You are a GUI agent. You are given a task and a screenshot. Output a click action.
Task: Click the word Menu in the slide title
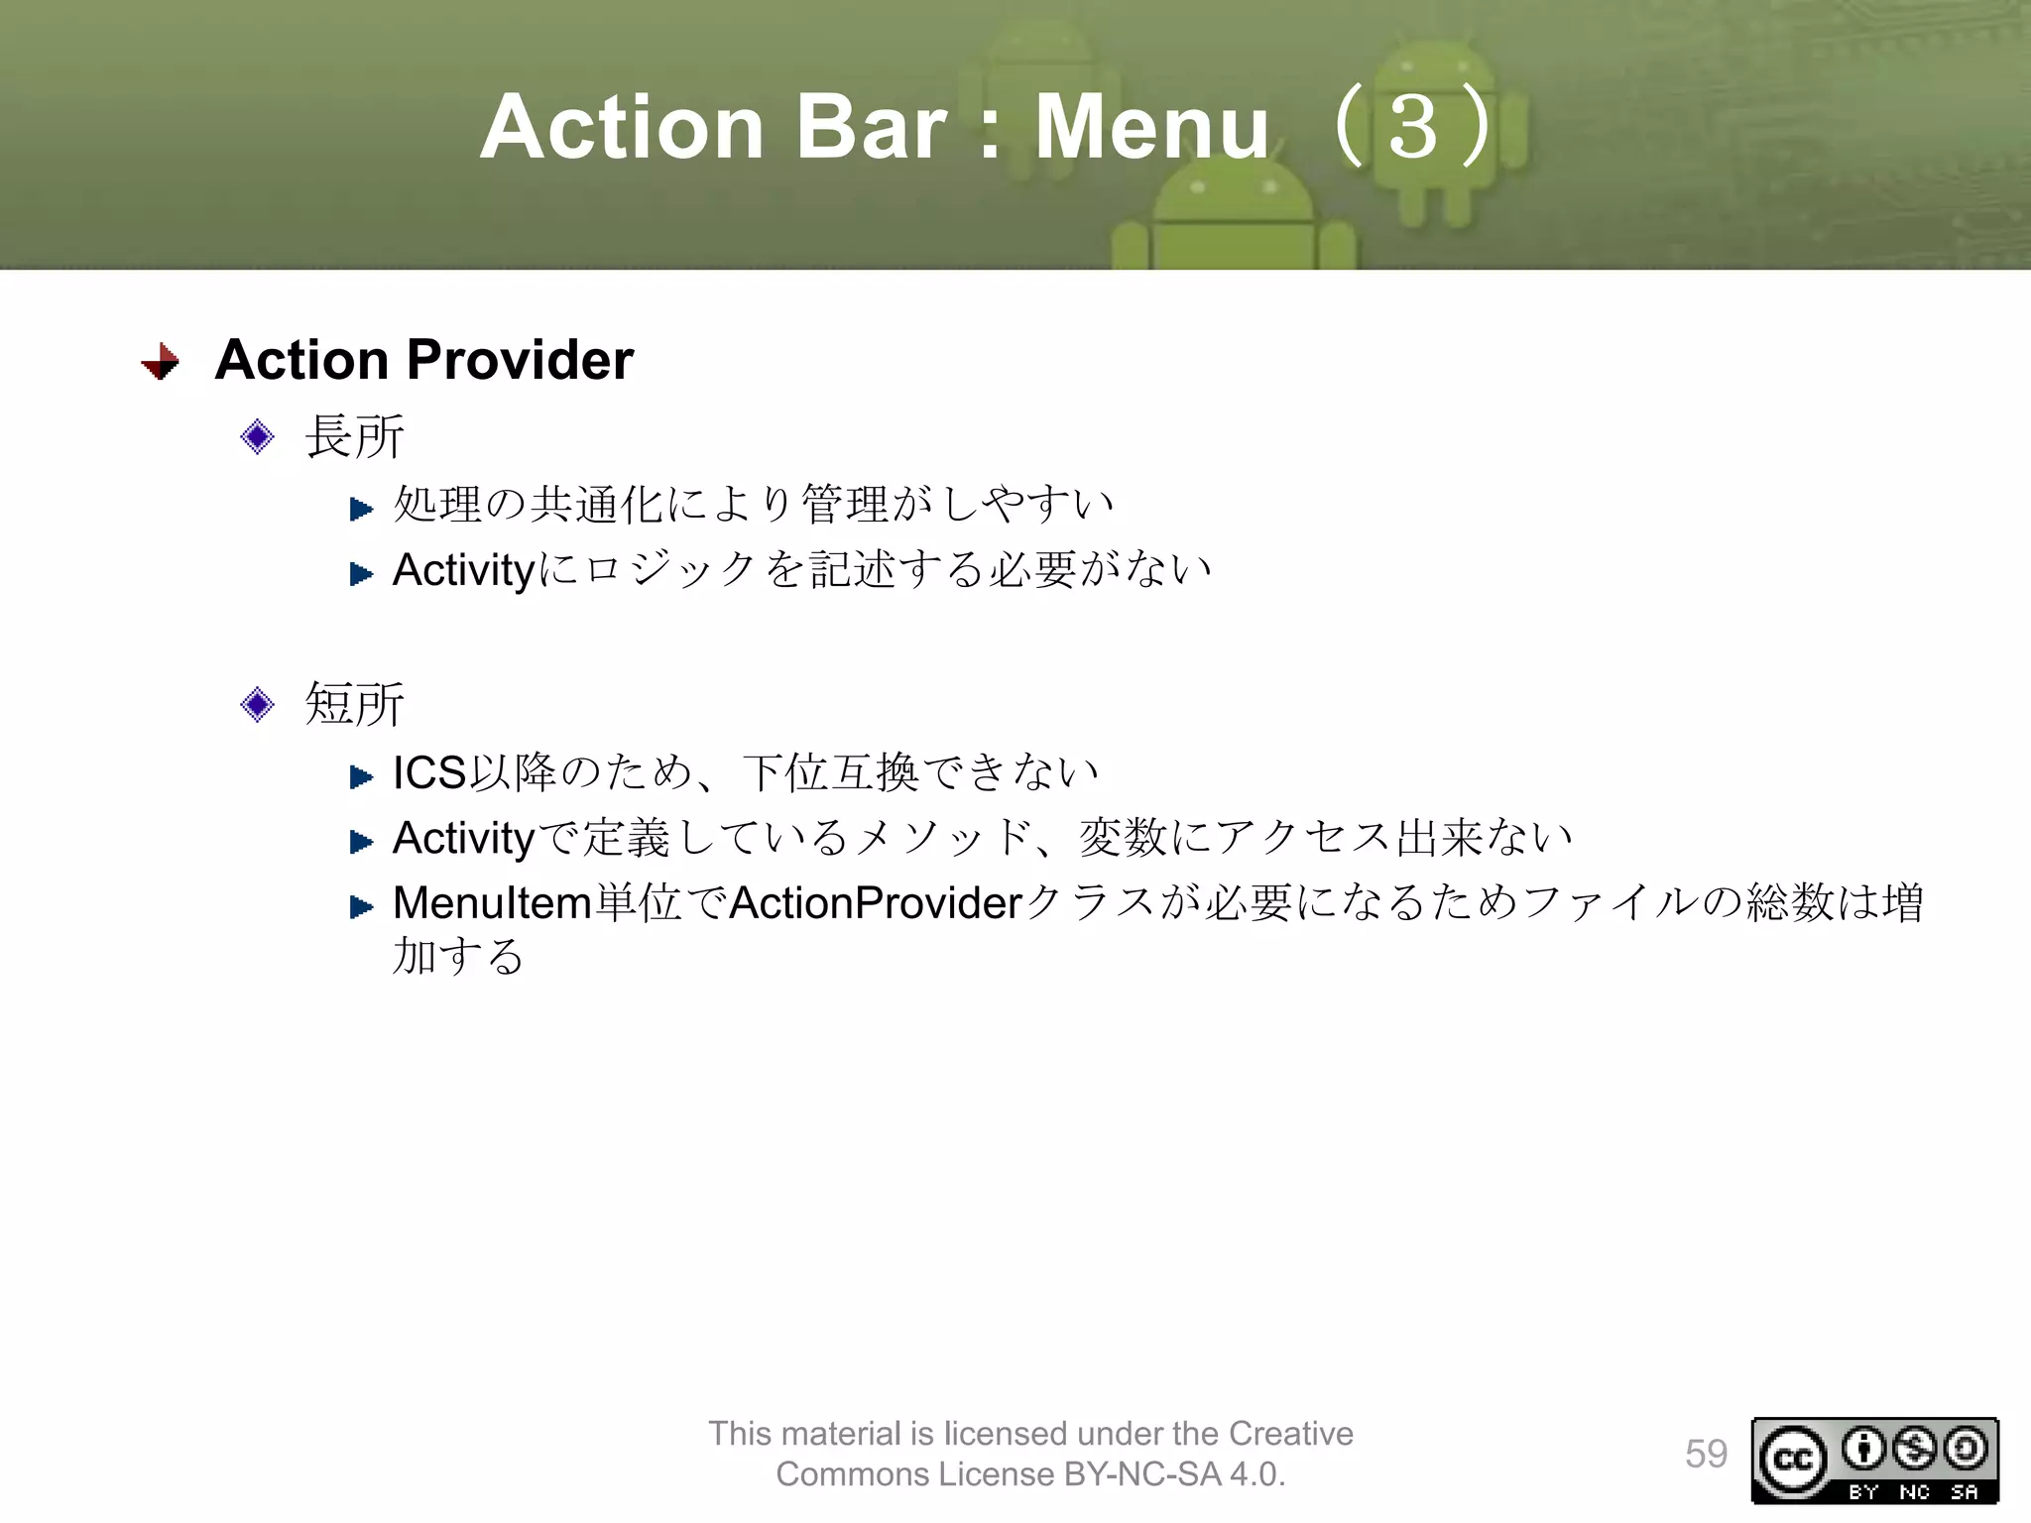click(x=1151, y=127)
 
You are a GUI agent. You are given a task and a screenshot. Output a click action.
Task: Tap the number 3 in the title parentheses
click(x=1412, y=127)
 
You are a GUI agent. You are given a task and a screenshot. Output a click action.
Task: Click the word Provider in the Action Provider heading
click(x=520, y=359)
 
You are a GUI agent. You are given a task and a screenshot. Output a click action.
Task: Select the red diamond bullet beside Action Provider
click(x=161, y=361)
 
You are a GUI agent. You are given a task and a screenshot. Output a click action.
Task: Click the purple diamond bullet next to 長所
click(x=257, y=436)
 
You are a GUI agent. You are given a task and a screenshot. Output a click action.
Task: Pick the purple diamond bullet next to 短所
click(x=257, y=704)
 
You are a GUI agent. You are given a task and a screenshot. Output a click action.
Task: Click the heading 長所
click(x=354, y=436)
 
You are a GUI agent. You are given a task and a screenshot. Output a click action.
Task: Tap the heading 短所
click(x=354, y=704)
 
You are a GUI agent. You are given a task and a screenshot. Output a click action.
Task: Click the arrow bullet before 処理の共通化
click(x=361, y=510)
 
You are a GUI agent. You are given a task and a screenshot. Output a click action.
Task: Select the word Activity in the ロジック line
click(x=463, y=571)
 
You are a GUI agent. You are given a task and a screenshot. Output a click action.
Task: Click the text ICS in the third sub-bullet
click(x=428, y=773)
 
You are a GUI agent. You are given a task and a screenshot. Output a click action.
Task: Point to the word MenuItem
click(x=492, y=903)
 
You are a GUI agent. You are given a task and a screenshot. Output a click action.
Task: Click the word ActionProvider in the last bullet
click(x=876, y=903)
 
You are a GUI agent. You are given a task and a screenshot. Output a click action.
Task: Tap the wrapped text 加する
click(x=457, y=956)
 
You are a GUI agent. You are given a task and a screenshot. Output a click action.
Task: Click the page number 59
click(x=1706, y=1455)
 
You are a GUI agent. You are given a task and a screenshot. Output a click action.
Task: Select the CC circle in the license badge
click(x=1793, y=1460)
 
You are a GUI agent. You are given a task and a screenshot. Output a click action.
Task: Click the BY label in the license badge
click(x=1863, y=1492)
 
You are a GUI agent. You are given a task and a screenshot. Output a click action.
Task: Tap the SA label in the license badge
click(x=1964, y=1492)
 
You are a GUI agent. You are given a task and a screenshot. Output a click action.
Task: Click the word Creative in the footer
click(x=1290, y=1434)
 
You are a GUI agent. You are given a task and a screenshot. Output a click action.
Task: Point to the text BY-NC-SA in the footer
click(x=1142, y=1474)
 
